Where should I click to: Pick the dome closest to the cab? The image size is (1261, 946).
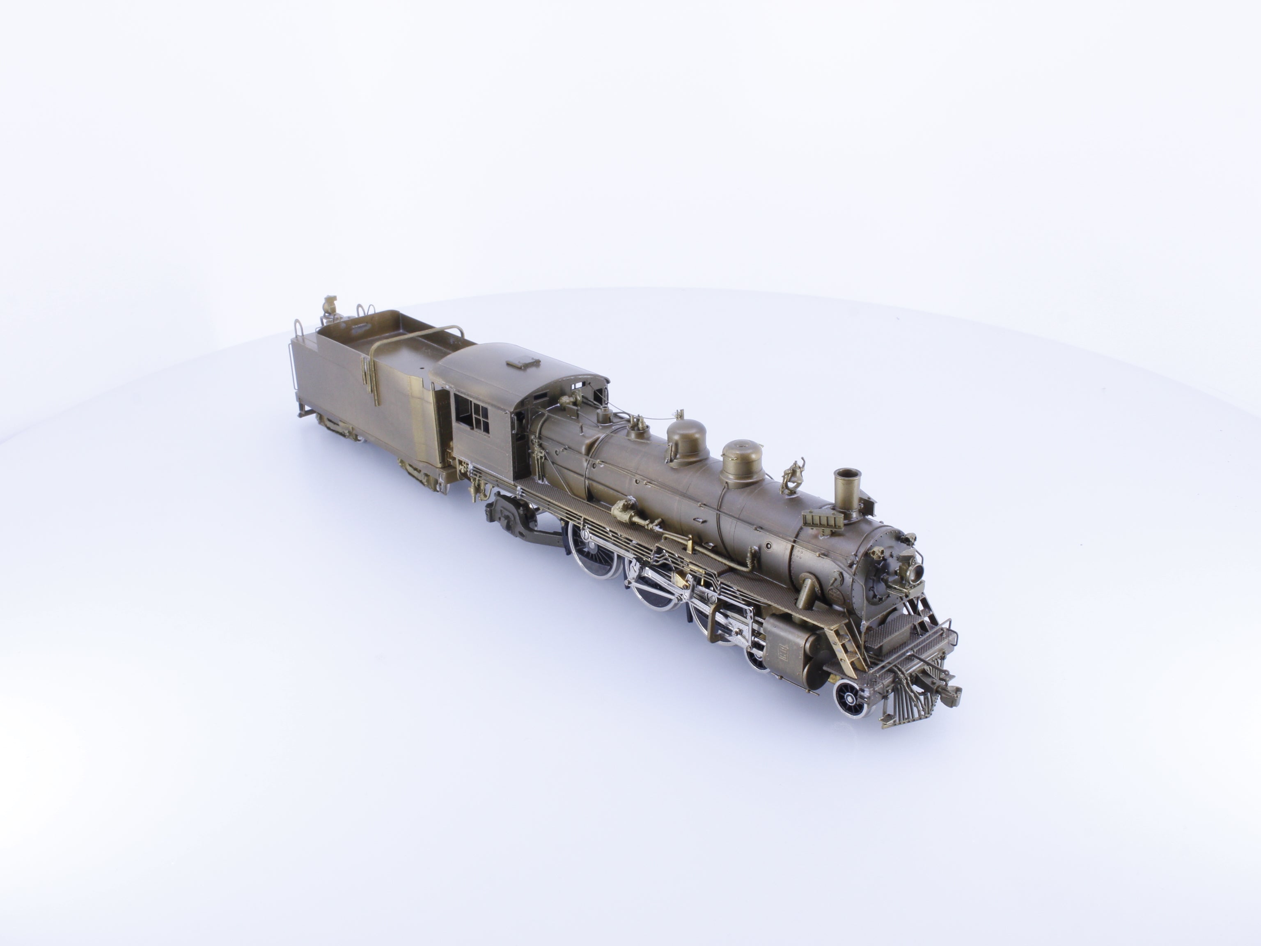(x=687, y=439)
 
